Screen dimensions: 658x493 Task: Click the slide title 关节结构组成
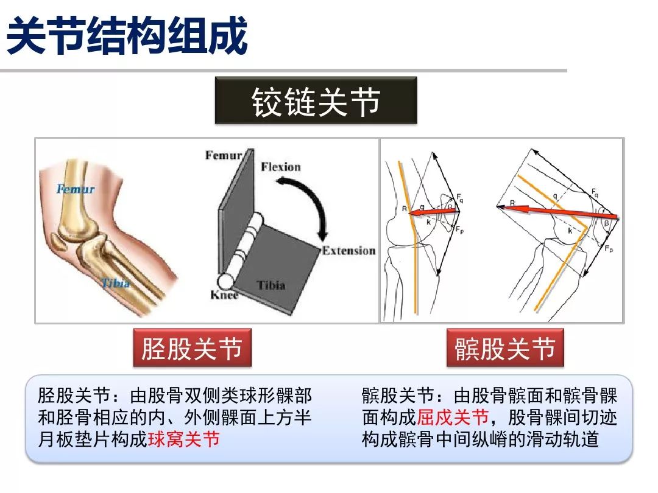pyautogui.click(x=127, y=35)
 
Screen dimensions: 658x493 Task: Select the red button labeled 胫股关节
pyautogui.click(x=192, y=349)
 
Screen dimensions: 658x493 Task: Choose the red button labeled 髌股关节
pyautogui.click(x=505, y=349)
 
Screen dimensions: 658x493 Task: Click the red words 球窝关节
pyautogui.click(x=183, y=439)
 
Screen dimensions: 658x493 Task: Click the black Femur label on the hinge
pyautogui.click(x=224, y=155)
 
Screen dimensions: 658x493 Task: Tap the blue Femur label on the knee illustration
pyautogui.click(x=76, y=189)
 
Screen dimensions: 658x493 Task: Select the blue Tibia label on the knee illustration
pyautogui.click(x=116, y=283)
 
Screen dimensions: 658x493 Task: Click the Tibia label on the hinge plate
pyautogui.click(x=271, y=285)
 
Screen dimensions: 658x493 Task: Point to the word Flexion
pyautogui.click(x=281, y=167)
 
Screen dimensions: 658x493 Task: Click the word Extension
pyautogui.click(x=348, y=251)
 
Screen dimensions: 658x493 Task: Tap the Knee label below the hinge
pyautogui.click(x=224, y=295)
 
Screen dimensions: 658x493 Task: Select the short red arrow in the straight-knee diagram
pyautogui.click(x=433, y=212)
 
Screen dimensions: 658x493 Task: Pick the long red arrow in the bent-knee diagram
pyautogui.click(x=557, y=212)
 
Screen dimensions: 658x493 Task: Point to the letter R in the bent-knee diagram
pyautogui.click(x=512, y=203)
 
